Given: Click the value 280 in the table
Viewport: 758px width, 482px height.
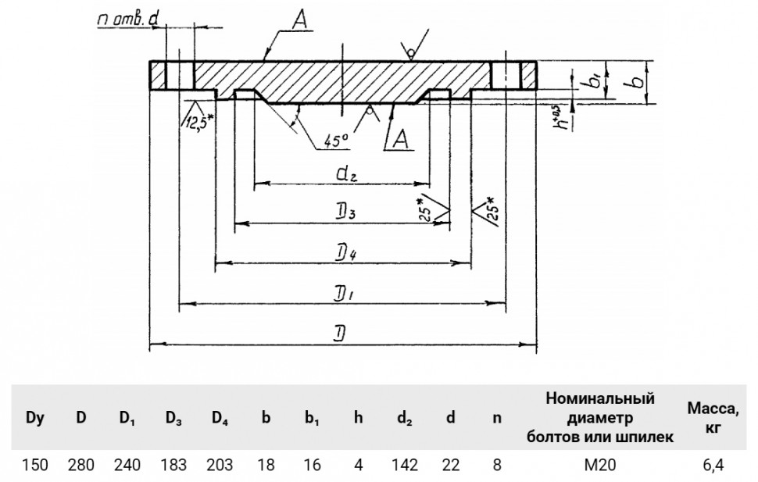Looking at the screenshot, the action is [x=80, y=465].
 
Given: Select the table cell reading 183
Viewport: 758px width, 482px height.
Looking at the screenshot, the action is [x=173, y=465].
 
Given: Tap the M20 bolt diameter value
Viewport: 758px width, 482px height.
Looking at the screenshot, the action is [x=600, y=465].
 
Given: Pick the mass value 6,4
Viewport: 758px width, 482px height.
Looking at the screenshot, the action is [x=713, y=465].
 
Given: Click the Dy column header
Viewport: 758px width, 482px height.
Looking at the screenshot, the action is [x=35, y=418].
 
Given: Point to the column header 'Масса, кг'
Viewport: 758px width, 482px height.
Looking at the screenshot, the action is [x=713, y=418].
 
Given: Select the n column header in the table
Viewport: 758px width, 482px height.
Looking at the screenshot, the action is [x=496, y=418].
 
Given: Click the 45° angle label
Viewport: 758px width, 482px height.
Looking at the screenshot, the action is [x=336, y=141].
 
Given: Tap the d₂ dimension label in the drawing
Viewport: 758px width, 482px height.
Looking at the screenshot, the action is [x=346, y=173].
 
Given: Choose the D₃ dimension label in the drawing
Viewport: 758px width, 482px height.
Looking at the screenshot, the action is [x=346, y=212].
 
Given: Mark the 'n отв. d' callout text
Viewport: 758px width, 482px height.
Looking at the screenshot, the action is [x=128, y=20].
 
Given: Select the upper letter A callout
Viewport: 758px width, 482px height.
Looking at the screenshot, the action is [x=300, y=20].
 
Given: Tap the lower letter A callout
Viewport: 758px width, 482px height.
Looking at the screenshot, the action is [x=401, y=139].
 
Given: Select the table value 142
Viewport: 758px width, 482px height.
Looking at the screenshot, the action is [x=405, y=465].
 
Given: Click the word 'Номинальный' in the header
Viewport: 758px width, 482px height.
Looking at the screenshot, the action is [x=600, y=399].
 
